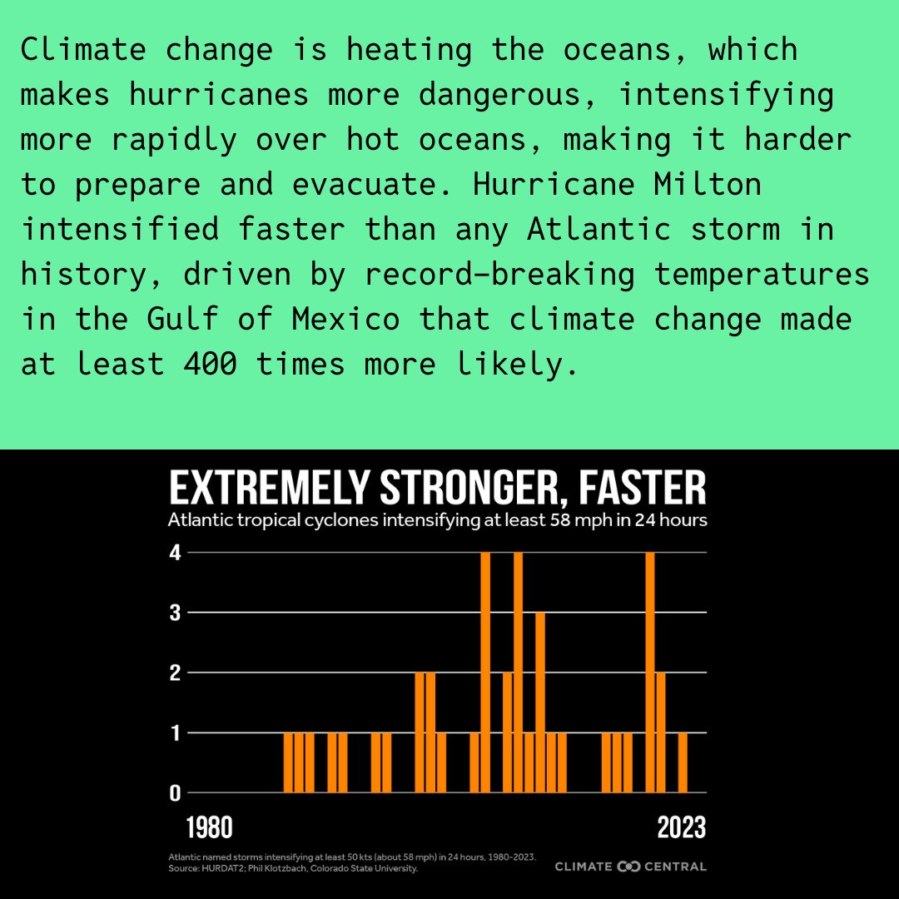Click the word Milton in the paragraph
point(708,184)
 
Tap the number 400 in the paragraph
point(210,364)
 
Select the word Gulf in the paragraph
point(182,318)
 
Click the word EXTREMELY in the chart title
point(269,488)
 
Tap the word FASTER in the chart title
point(642,488)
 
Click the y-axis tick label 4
point(175,553)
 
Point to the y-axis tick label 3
point(175,613)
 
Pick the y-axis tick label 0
point(175,793)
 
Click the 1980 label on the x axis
point(209,828)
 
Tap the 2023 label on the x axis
point(682,828)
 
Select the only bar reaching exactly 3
point(540,703)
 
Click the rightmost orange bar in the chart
point(683,762)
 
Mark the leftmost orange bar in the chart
point(288,762)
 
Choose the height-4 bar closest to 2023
point(650,673)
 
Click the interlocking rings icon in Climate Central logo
point(628,867)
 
